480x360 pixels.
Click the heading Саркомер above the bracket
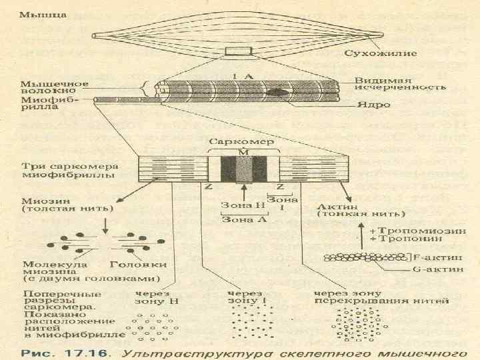pyautogui.click(x=233, y=141)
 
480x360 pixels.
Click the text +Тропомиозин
pyautogui.click(x=405, y=229)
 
